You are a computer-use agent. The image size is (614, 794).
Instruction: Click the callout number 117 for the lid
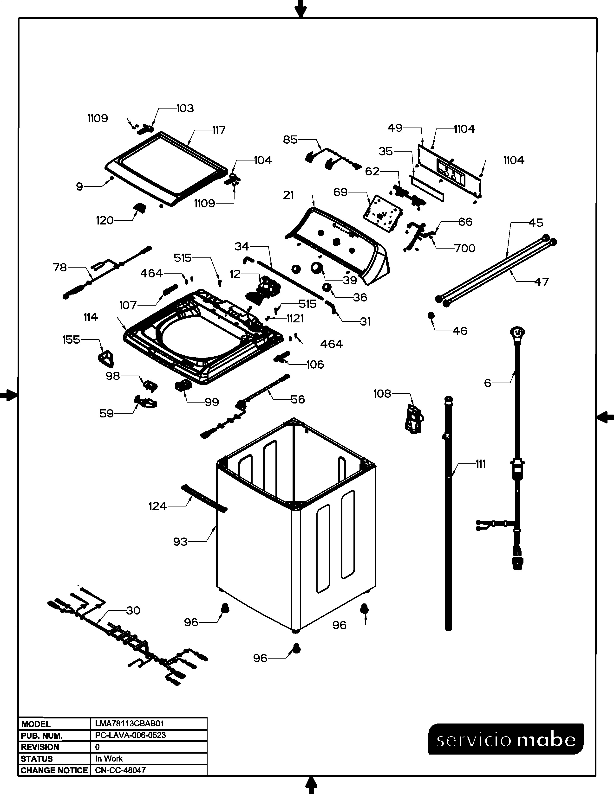(x=219, y=130)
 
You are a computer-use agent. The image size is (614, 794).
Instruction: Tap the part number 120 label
(x=105, y=221)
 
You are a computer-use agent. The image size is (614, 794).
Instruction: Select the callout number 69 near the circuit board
(x=340, y=192)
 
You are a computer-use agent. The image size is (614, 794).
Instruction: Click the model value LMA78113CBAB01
(x=130, y=724)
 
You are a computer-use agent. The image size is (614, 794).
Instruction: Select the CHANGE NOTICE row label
(x=54, y=770)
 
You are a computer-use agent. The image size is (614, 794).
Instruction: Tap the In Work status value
(x=109, y=759)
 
